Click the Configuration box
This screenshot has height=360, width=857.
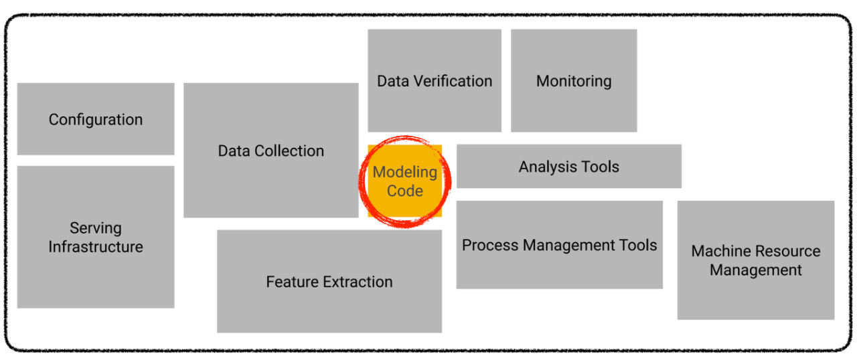click(x=95, y=119)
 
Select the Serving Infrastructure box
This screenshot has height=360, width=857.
click(x=95, y=237)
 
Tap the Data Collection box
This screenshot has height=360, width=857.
click(x=270, y=151)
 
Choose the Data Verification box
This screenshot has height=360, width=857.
click(x=434, y=81)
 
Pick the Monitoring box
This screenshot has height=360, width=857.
click(x=574, y=81)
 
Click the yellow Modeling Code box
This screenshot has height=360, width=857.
click(x=405, y=181)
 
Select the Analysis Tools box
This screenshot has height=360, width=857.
click(x=568, y=167)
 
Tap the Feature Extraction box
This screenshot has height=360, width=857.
click(x=329, y=281)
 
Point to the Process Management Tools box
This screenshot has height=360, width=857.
click(x=559, y=245)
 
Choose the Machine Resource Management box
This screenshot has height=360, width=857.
click(x=755, y=260)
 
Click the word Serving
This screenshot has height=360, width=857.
click(x=96, y=228)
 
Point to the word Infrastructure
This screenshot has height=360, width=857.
click(x=96, y=247)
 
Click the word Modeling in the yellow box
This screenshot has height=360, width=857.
click(x=405, y=172)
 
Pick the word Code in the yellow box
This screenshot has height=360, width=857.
click(x=405, y=191)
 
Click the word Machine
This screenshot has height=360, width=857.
click(x=720, y=251)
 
